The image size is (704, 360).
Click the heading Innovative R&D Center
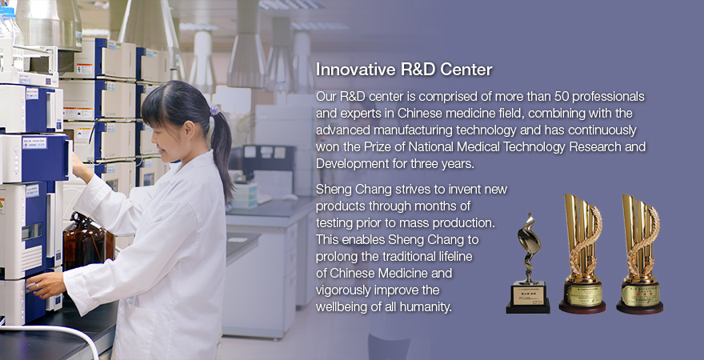coord(404,70)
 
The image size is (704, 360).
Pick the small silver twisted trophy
coord(528,263)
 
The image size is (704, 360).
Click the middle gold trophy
coord(582,254)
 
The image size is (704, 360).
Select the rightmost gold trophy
coord(640,254)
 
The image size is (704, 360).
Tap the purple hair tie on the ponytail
coord(215,110)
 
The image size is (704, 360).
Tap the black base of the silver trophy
coord(528,307)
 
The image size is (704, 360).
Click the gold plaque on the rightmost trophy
coord(640,295)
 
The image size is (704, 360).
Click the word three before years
coord(425,164)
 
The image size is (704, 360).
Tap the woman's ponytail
coord(222,153)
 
